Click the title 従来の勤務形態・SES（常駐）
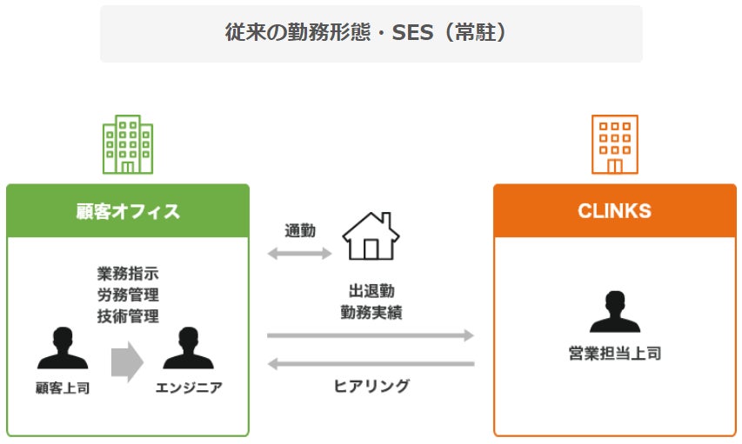pyautogui.click(x=371, y=33)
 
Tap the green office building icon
pyautogui.click(x=128, y=144)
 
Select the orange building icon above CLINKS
pyautogui.click(x=615, y=144)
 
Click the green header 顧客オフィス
pyautogui.click(x=128, y=210)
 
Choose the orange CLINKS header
pyautogui.click(x=614, y=210)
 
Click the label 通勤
pyautogui.click(x=300, y=231)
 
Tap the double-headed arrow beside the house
pyautogui.click(x=300, y=254)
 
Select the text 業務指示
pyautogui.click(x=128, y=275)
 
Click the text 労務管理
pyautogui.click(x=128, y=295)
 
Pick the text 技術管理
pyautogui.click(x=128, y=316)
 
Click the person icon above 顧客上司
pyautogui.click(x=63, y=349)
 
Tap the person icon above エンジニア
pyautogui.click(x=188, y=349)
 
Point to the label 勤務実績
pyautogui.click(x=371, y=312)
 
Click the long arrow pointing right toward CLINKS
pyautogui.click(x=371, y=335)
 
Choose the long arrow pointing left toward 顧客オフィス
pyautogui.click(x=371, y=364)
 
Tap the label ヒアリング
pyautogui.click(x=371, y=386)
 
